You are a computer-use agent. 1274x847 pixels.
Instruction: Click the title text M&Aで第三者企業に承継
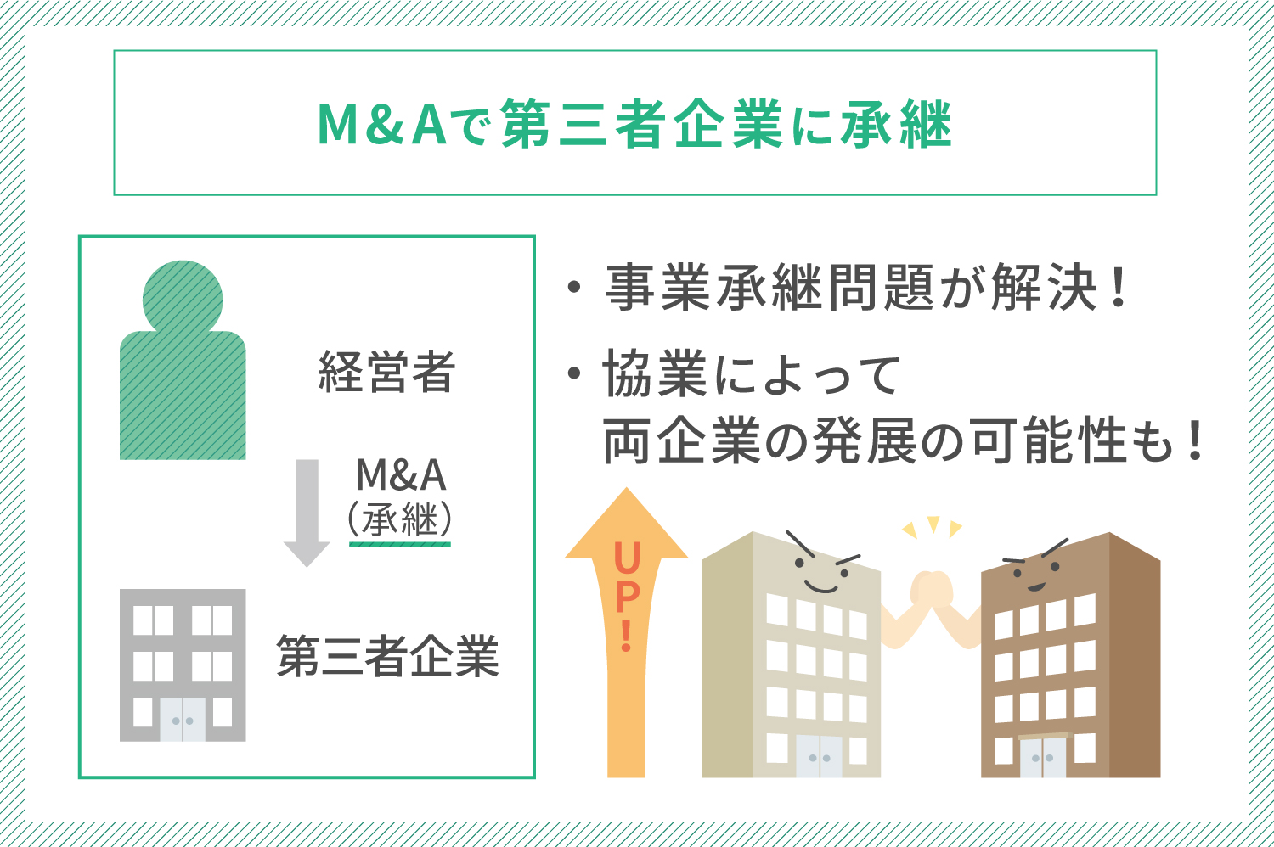[634, 124]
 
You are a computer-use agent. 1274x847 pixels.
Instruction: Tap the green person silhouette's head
[183, 298]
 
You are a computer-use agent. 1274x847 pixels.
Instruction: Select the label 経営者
[386, 372]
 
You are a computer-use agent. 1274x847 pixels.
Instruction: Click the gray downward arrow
[307, 513]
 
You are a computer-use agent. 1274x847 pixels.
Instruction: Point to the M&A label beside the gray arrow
[401, 475]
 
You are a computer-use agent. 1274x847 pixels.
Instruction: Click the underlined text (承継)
[400, 519]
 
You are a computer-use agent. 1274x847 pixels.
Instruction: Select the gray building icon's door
[183, 719]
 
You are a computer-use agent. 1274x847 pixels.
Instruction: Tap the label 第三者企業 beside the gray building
[388, 657]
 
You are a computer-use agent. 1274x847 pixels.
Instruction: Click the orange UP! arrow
[626, 631]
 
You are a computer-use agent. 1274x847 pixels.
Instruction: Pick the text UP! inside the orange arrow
[627, 597]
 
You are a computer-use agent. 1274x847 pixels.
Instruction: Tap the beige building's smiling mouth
[821, 587]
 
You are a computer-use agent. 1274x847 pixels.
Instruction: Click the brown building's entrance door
[1042, 757]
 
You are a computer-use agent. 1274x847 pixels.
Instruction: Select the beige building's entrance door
[819, 757]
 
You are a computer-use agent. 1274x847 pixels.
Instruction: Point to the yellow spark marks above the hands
[933, 527]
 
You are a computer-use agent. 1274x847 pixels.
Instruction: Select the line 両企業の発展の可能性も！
[904, 441]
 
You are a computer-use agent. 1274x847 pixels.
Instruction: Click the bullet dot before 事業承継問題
[574, 288]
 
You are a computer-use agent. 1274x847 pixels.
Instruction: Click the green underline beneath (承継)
[400, 545]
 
